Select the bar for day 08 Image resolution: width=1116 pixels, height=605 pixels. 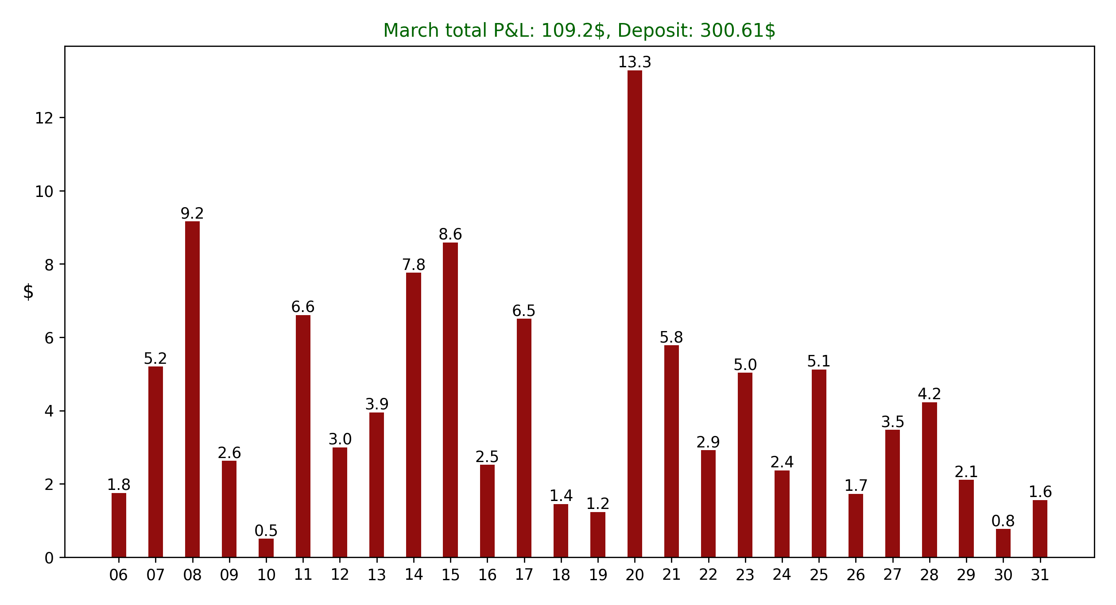(x=192, y=389)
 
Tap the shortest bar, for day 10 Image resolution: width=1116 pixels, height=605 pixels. (x=266, y=548)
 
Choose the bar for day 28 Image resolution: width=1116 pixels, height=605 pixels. (x=929, y=480)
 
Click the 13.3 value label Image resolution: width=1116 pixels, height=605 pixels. (x=635, y=62)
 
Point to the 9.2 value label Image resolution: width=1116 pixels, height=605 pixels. (x=192, y=214)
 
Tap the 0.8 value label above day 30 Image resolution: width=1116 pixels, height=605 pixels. (x=1003, y=521)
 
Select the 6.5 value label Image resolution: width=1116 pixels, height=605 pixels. (x=524, y=311)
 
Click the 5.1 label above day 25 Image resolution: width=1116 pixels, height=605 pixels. (x=819, y=362)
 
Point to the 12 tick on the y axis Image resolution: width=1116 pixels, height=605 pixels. (x=44, y=118)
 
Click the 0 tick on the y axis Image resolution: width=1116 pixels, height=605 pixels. (x=49, y=558)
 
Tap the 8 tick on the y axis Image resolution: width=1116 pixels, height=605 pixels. (x=49, y=265)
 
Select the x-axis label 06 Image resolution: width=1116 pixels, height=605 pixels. (x=119, y=575)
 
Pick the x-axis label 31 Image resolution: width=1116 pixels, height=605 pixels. (x=1040, y=575)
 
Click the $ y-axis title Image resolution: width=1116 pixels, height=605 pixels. (x=28, y=292)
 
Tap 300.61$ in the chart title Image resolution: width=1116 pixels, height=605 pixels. (x=737, y=31)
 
